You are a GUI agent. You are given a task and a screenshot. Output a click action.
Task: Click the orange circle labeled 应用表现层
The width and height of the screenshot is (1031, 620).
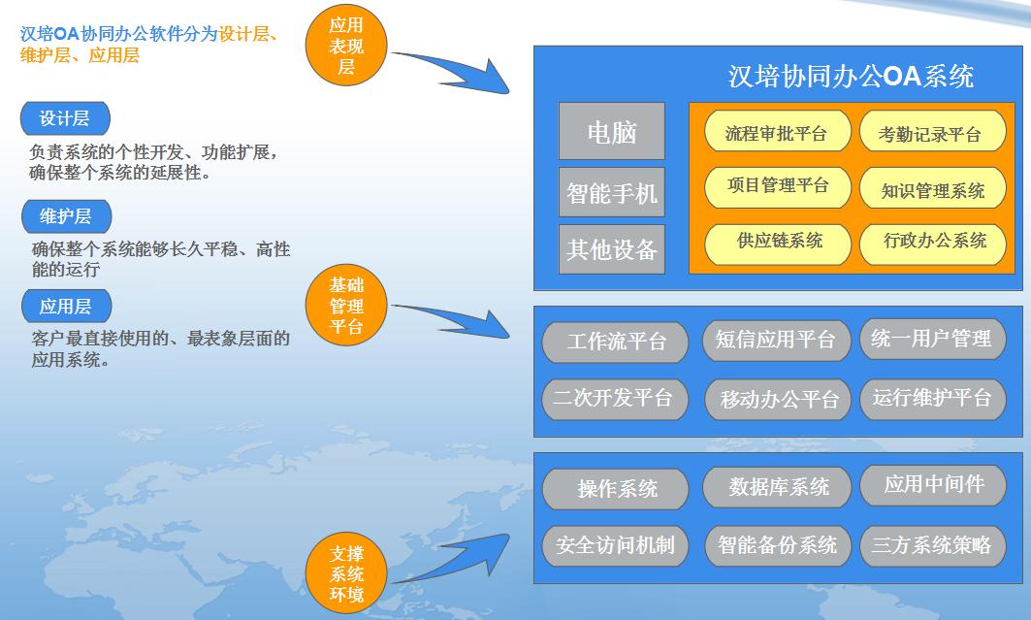coord(346,46)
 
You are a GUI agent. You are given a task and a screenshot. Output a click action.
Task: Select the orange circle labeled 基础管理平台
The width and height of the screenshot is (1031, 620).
coord(346,305)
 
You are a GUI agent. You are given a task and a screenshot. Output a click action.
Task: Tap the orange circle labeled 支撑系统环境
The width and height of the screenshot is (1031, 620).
coord(346,573)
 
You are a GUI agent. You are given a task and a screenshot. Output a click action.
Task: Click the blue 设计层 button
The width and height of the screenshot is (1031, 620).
coord(65,118)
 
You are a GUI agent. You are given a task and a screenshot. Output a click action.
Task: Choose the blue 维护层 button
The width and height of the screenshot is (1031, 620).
coord(66,216)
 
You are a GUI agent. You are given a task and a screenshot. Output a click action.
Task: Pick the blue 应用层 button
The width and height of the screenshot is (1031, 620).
coord(66,306)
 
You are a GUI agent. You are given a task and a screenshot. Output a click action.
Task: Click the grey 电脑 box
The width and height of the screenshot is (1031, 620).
coord(611,131)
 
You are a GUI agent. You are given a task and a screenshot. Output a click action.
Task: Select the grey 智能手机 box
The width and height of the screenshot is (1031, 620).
coord(611,192)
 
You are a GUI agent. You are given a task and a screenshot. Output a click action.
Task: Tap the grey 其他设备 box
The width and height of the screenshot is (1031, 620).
coord(611,249)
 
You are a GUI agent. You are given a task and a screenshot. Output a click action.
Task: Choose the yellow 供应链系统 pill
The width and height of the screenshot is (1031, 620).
coord(777,244)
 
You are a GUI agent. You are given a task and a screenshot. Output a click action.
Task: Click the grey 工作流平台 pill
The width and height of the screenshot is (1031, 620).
coord(615,342)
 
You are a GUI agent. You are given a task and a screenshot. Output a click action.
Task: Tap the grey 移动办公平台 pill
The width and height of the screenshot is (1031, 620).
coord(777,400)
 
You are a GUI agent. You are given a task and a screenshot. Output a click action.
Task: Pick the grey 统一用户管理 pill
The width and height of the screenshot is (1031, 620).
coord(932,340)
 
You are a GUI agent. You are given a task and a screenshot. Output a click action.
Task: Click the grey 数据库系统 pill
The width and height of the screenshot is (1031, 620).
coord(777,487)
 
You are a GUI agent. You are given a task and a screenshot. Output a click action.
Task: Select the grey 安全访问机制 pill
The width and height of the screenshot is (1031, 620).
coord(615,545)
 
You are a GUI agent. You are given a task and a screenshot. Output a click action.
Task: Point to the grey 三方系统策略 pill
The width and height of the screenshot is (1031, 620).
coord(932,545)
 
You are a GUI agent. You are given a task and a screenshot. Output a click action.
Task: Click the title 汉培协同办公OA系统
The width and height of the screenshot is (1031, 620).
coord(851,77)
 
